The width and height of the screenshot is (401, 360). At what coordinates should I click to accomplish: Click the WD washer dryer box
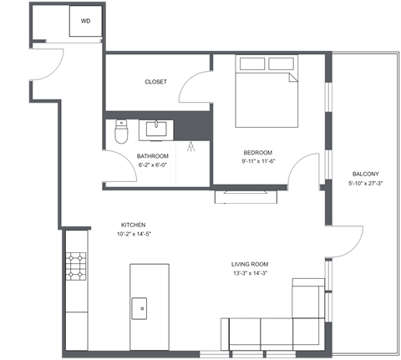coord(86,21)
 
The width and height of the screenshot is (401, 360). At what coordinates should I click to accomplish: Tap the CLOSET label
coord(156,82)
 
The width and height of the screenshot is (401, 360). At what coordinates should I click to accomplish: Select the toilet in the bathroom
coord(120,132)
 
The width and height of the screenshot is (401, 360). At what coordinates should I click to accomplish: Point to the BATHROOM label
coord(153,156)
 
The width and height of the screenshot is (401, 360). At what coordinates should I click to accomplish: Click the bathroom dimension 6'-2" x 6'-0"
coord(153,165)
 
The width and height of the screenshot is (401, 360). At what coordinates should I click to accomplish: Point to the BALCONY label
coord(365,174)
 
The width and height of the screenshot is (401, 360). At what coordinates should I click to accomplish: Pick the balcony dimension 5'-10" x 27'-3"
coord(365,183)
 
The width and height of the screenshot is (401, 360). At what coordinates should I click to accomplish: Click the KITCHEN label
coord(134,225)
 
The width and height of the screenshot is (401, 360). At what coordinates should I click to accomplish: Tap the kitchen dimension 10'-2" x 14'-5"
coord(134,234)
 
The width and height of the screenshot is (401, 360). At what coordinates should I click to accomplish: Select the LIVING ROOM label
coord(250,265)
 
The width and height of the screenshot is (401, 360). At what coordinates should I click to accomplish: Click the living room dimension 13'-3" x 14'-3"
coord(250,274)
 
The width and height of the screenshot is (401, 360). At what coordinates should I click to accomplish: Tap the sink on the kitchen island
coord(140,307)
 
